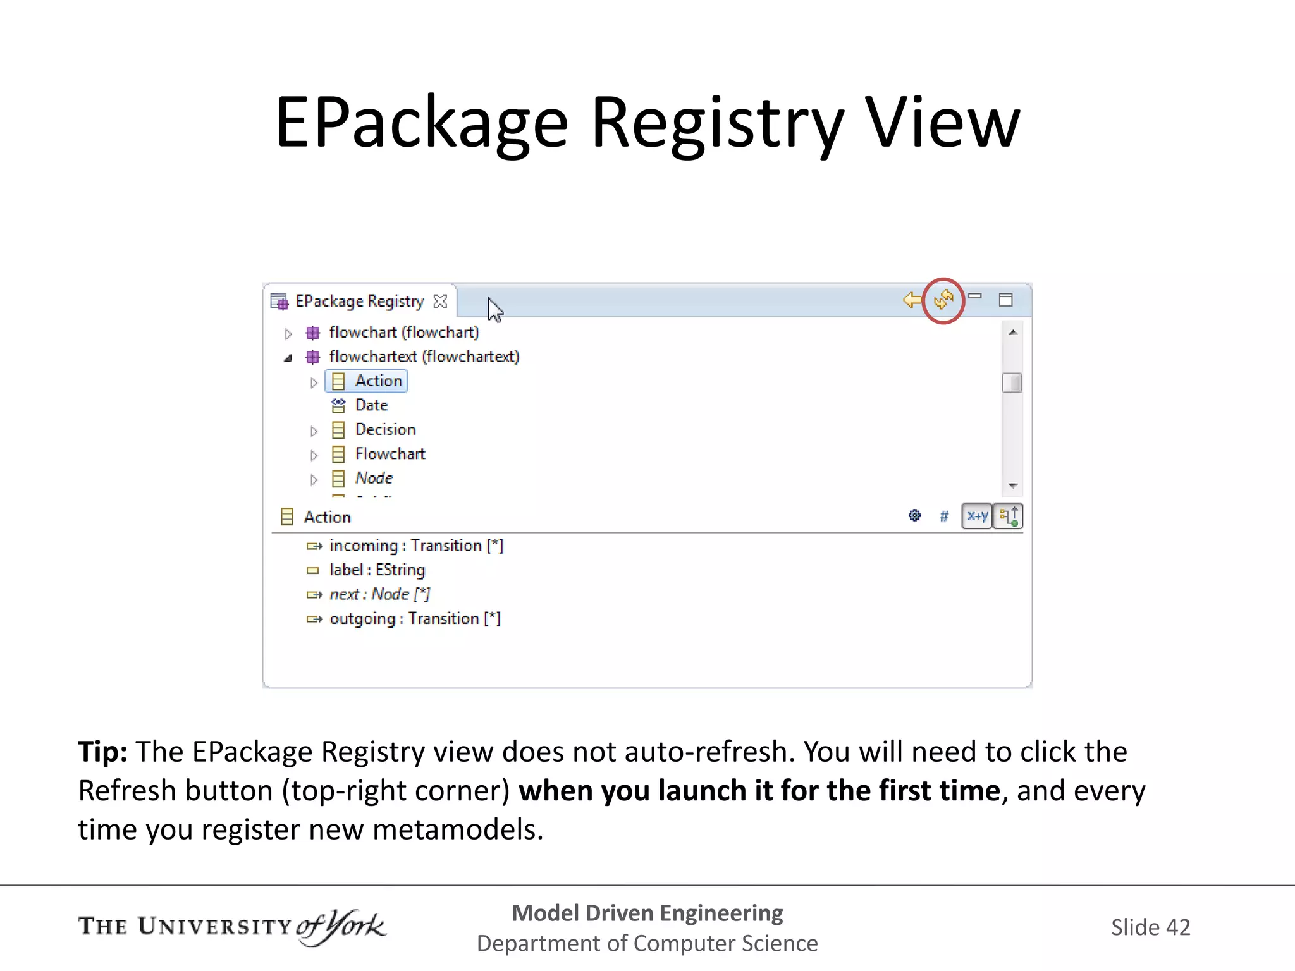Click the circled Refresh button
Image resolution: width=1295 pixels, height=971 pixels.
click(x=943, y=300)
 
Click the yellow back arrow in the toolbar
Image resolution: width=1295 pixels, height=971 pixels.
click(x=912, y=300)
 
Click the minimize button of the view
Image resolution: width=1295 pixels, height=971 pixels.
click(x=975, y=296)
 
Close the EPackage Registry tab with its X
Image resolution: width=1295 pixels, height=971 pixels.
click(x=440, y=302)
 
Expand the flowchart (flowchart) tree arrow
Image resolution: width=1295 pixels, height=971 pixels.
click(x=288, y=334)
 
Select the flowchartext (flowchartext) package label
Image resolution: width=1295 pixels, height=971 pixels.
click(x=424, y=357)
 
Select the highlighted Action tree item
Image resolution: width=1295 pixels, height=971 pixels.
click(x=378, y=381)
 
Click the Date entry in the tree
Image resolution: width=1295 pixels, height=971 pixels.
click(x=371, y=405)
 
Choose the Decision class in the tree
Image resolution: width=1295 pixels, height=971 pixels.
click(x=385, y=430)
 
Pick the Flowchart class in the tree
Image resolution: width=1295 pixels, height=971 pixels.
click(x=390, y=454)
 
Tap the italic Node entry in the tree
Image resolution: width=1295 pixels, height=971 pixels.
click(x=374, y=479)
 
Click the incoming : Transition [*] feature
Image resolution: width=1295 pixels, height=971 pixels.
click(x=416, y=546)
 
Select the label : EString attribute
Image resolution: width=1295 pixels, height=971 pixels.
click(x=377, y=570)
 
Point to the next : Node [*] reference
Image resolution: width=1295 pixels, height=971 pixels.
click(x=379, y=594)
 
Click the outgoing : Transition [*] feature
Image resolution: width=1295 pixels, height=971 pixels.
click(x=415, y=619)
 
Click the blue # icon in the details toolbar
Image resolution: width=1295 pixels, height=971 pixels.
click(x=944, y=516)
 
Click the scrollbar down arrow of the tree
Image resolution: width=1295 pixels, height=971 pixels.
click(x=1012, y=485)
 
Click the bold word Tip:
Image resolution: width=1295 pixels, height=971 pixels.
click(x=102, y=752)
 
